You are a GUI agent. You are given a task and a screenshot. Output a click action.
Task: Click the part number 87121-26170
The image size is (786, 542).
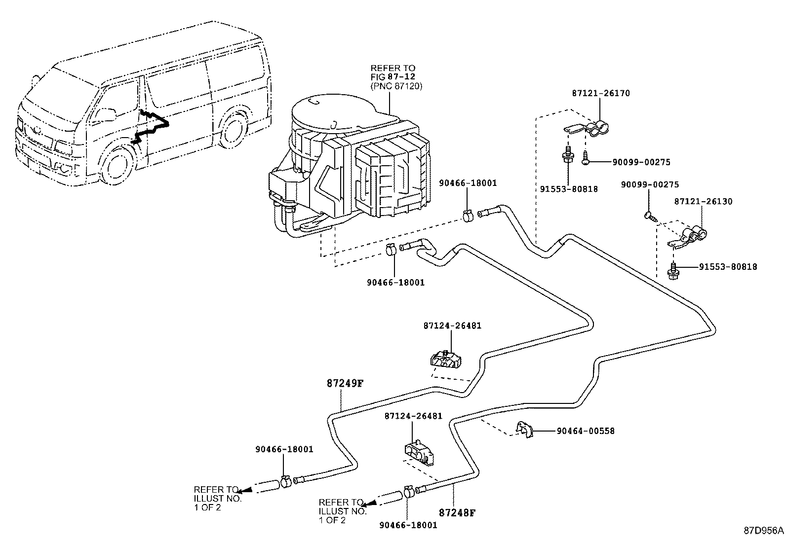pos(601,93)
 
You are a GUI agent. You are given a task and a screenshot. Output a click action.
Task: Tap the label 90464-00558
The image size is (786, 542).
pos(585,431)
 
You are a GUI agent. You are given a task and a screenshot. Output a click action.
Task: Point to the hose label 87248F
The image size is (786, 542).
pos(457,513)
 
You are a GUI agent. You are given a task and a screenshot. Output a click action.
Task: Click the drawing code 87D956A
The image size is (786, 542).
pos(763,531)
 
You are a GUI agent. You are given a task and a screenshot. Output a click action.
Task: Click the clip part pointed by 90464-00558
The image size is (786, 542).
pos(524,430)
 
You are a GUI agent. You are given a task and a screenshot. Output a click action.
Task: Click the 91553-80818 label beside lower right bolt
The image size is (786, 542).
pos(728,267)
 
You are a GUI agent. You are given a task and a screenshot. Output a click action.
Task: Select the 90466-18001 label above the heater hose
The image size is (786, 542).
pos(468,183)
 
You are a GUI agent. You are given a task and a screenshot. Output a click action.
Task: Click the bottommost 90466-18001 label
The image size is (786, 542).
pos(408,525)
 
